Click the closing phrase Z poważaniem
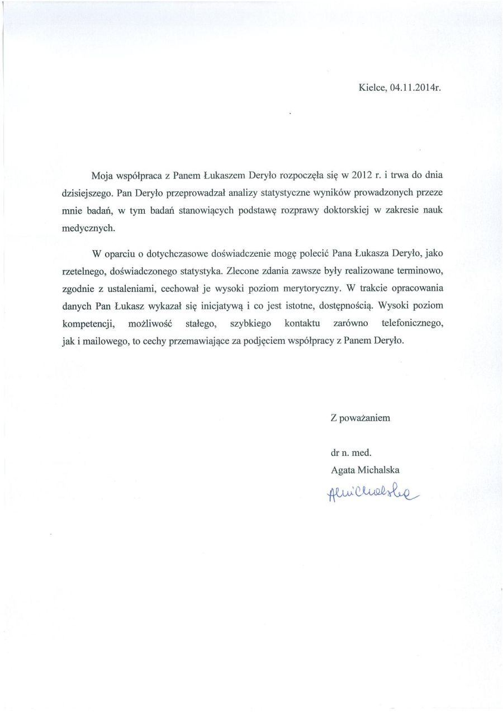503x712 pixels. pos(360,417)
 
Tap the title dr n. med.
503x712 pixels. pos(351,454)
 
